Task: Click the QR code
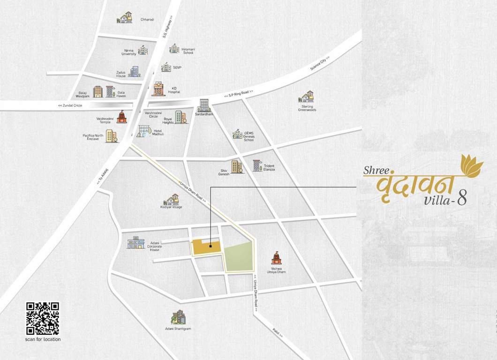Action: (x=42, y=318)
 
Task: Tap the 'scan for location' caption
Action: (x=43, y=339)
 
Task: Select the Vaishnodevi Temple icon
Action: (x=122, y=117)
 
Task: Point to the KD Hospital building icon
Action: (x=158, y=89)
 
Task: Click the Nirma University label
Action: (x=128, y=52)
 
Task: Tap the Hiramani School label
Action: (x=188, y=51)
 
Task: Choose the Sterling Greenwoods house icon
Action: (x=306, y=97)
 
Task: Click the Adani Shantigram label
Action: (x=178, y=329)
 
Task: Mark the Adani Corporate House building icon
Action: (x=136, y=242)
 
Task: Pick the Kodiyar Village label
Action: (x=171, y=207)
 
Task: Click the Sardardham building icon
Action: (x=203, y=105)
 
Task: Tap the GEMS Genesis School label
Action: (x=249, y=136)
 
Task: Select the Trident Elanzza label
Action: (x=269, y=167)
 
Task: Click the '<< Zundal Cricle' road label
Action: (x=70, y=105)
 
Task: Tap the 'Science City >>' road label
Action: (x=320, y=64)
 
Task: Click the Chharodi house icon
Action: (x=124, y=18)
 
